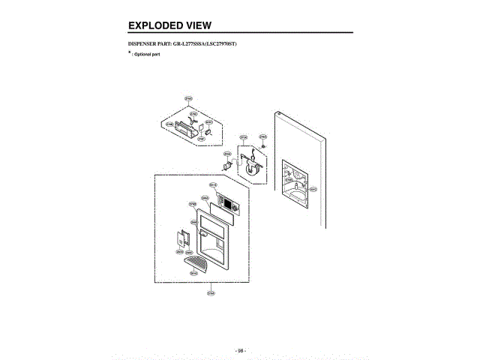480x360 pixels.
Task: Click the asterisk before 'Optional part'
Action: coord(130,54)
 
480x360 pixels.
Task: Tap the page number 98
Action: coord(241,350)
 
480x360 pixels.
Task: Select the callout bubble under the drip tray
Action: coord(193,274)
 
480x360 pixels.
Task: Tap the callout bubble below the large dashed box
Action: coord(211,292)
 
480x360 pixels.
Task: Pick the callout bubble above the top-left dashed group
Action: coord(188,98)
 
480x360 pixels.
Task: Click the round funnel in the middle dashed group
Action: coord(250,168)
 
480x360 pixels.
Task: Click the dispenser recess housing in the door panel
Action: coord(294,182)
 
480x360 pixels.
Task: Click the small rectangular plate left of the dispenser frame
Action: coord(181,238)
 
